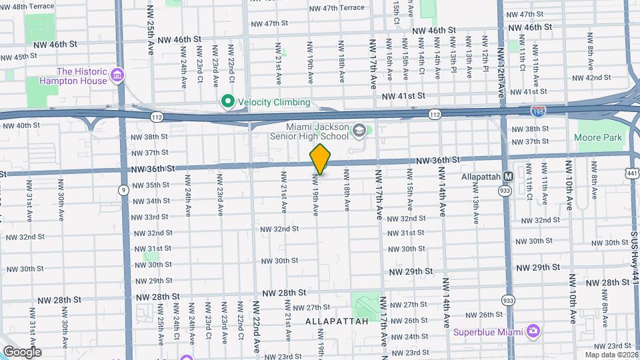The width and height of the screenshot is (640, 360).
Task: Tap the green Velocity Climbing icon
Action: pos(227,102)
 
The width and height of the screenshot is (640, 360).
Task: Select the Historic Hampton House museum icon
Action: pos(118,74)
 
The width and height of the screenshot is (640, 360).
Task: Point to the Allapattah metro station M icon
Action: pos(508,177)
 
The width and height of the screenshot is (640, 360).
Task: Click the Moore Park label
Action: pos(598,137)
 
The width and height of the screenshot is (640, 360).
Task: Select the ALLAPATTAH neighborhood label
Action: pos(337,321)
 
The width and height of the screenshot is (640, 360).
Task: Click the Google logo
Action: pos(22,351)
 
